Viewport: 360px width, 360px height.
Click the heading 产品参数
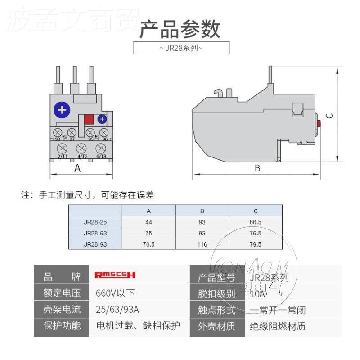[180, 29]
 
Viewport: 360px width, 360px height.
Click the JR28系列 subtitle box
[181, 48]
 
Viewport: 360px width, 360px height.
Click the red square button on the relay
[89, 119]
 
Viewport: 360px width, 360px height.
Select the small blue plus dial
[102, 119]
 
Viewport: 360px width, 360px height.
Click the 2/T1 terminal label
[63, 156]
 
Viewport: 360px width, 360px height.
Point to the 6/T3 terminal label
[101, 156]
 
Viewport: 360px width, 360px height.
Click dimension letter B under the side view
[257, 168]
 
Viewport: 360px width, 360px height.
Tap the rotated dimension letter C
[329, 116]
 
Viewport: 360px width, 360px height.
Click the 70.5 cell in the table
[148, 244]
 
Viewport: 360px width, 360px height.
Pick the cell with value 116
[202, 244]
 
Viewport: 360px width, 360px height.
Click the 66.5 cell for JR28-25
[256, 222]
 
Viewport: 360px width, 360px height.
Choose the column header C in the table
[256, 211]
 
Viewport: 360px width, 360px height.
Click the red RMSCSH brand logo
[115, 275]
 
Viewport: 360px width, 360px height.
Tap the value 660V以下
[115, 293]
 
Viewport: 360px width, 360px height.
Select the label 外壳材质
[216, 326]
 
